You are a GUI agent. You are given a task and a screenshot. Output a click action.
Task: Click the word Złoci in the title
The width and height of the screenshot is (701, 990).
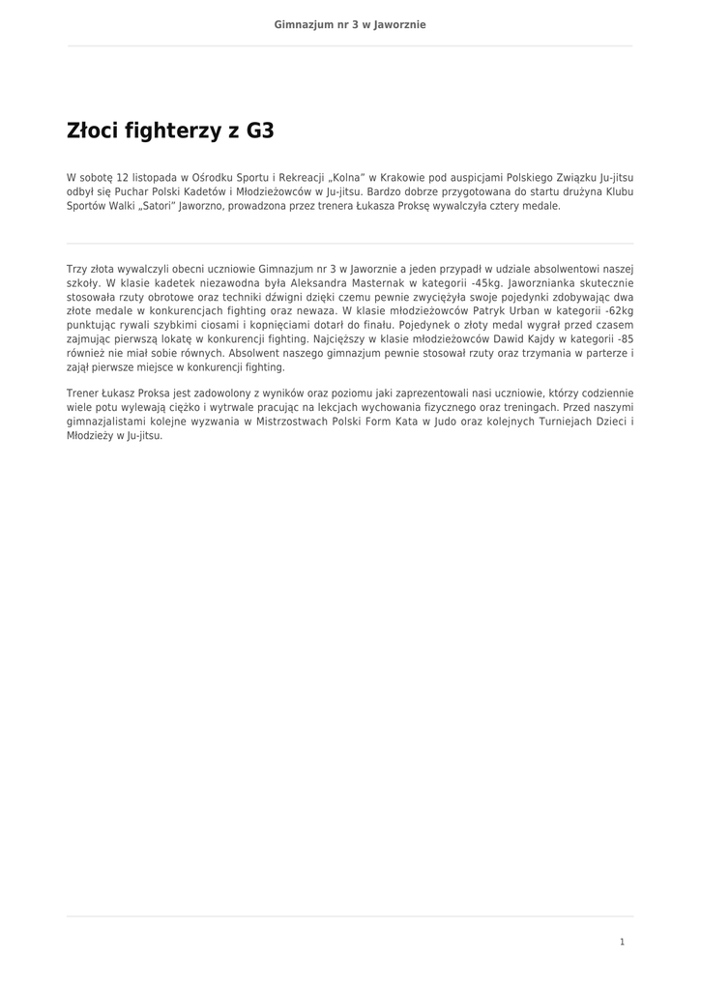(x=93, y=131)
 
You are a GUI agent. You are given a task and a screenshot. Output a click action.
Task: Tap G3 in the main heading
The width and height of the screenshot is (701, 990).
(x=260, y=131)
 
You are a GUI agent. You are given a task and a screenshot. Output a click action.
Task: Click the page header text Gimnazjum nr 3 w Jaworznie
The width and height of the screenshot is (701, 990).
(x=350, y=24)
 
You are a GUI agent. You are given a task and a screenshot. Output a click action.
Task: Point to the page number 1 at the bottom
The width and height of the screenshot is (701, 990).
(x=623, y=942)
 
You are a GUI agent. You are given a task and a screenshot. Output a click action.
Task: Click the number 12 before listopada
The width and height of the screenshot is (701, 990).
(x=122, y=178)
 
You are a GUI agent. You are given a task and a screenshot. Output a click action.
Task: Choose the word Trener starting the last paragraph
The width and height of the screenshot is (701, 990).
(x=84, y=393)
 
